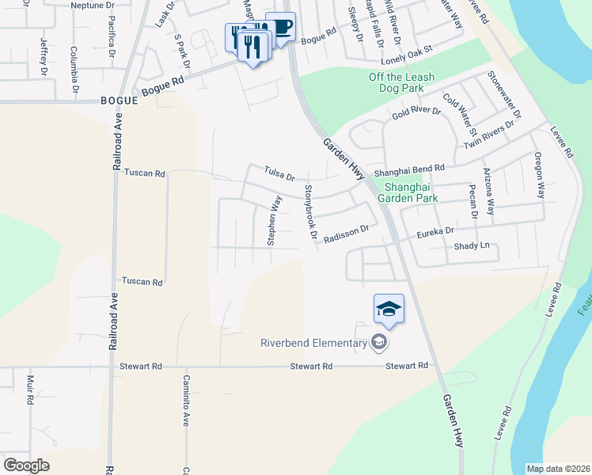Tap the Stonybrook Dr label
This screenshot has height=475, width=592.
(310, 212)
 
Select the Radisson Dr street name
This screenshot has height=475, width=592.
(347, 232)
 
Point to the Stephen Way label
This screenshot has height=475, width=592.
(275, 220)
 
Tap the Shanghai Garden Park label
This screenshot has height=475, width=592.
(411, 192)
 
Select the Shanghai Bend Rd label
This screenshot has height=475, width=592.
(409, 169)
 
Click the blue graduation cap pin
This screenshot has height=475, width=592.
(389, 309)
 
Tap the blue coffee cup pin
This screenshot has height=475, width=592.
(280, 28)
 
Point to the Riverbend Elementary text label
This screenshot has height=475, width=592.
(314, 342)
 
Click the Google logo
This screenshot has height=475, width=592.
(26, 465)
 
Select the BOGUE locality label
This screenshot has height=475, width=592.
(120, 101)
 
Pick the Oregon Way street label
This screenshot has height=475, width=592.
(540, 175)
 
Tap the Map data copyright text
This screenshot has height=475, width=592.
(558, 469)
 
